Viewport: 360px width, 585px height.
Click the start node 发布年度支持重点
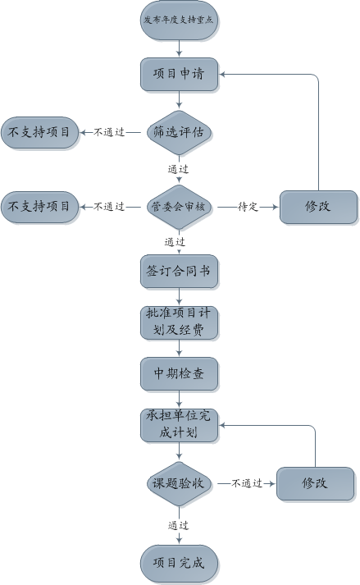coord(179,21)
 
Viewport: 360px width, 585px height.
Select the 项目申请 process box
coord(179,74)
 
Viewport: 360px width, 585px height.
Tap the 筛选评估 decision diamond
coord(179,132)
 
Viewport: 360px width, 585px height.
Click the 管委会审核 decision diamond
coord(179,207)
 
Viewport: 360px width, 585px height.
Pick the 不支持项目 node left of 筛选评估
coord(39,132)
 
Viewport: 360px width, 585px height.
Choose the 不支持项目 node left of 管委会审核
coord(39,207)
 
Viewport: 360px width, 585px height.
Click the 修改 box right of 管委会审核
coord(318,207)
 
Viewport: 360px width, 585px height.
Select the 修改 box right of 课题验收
coord(315,483)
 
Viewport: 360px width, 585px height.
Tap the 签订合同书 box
coord(179,272)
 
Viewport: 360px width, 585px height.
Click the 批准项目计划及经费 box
coord(179,322)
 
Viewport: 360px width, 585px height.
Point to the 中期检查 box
coord(179,374)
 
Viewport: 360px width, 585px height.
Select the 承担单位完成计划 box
coord(179,425)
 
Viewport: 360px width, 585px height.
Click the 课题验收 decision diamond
coord(179,484)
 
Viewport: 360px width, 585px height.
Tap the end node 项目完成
coord(179,564)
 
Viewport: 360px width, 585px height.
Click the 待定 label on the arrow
coord(248,207)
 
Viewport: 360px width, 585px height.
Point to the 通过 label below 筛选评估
coord(178,169)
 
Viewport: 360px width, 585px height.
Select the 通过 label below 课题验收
coord(178,526)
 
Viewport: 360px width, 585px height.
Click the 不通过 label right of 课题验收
coord(247,483)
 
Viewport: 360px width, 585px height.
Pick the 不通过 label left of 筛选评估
coord(109,132)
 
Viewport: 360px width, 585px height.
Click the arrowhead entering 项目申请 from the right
coord(222,74)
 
